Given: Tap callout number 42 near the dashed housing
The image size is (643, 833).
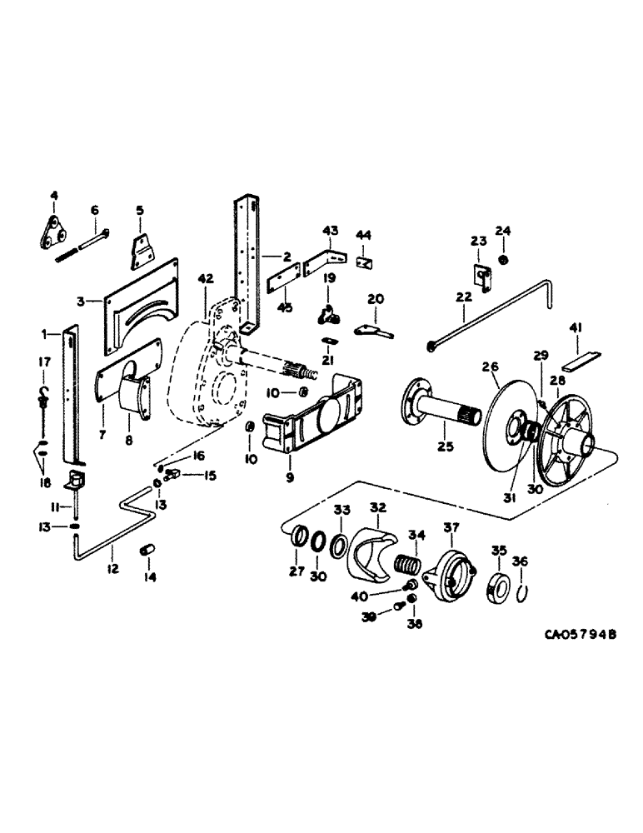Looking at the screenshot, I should point(205,280).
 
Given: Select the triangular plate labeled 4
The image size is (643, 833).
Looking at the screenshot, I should point(54,230).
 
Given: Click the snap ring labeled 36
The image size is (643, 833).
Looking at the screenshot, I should point(521,591).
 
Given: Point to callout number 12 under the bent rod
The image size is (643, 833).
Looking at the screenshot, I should point(113,568).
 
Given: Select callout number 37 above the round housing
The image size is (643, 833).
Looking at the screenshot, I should point(451,526).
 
